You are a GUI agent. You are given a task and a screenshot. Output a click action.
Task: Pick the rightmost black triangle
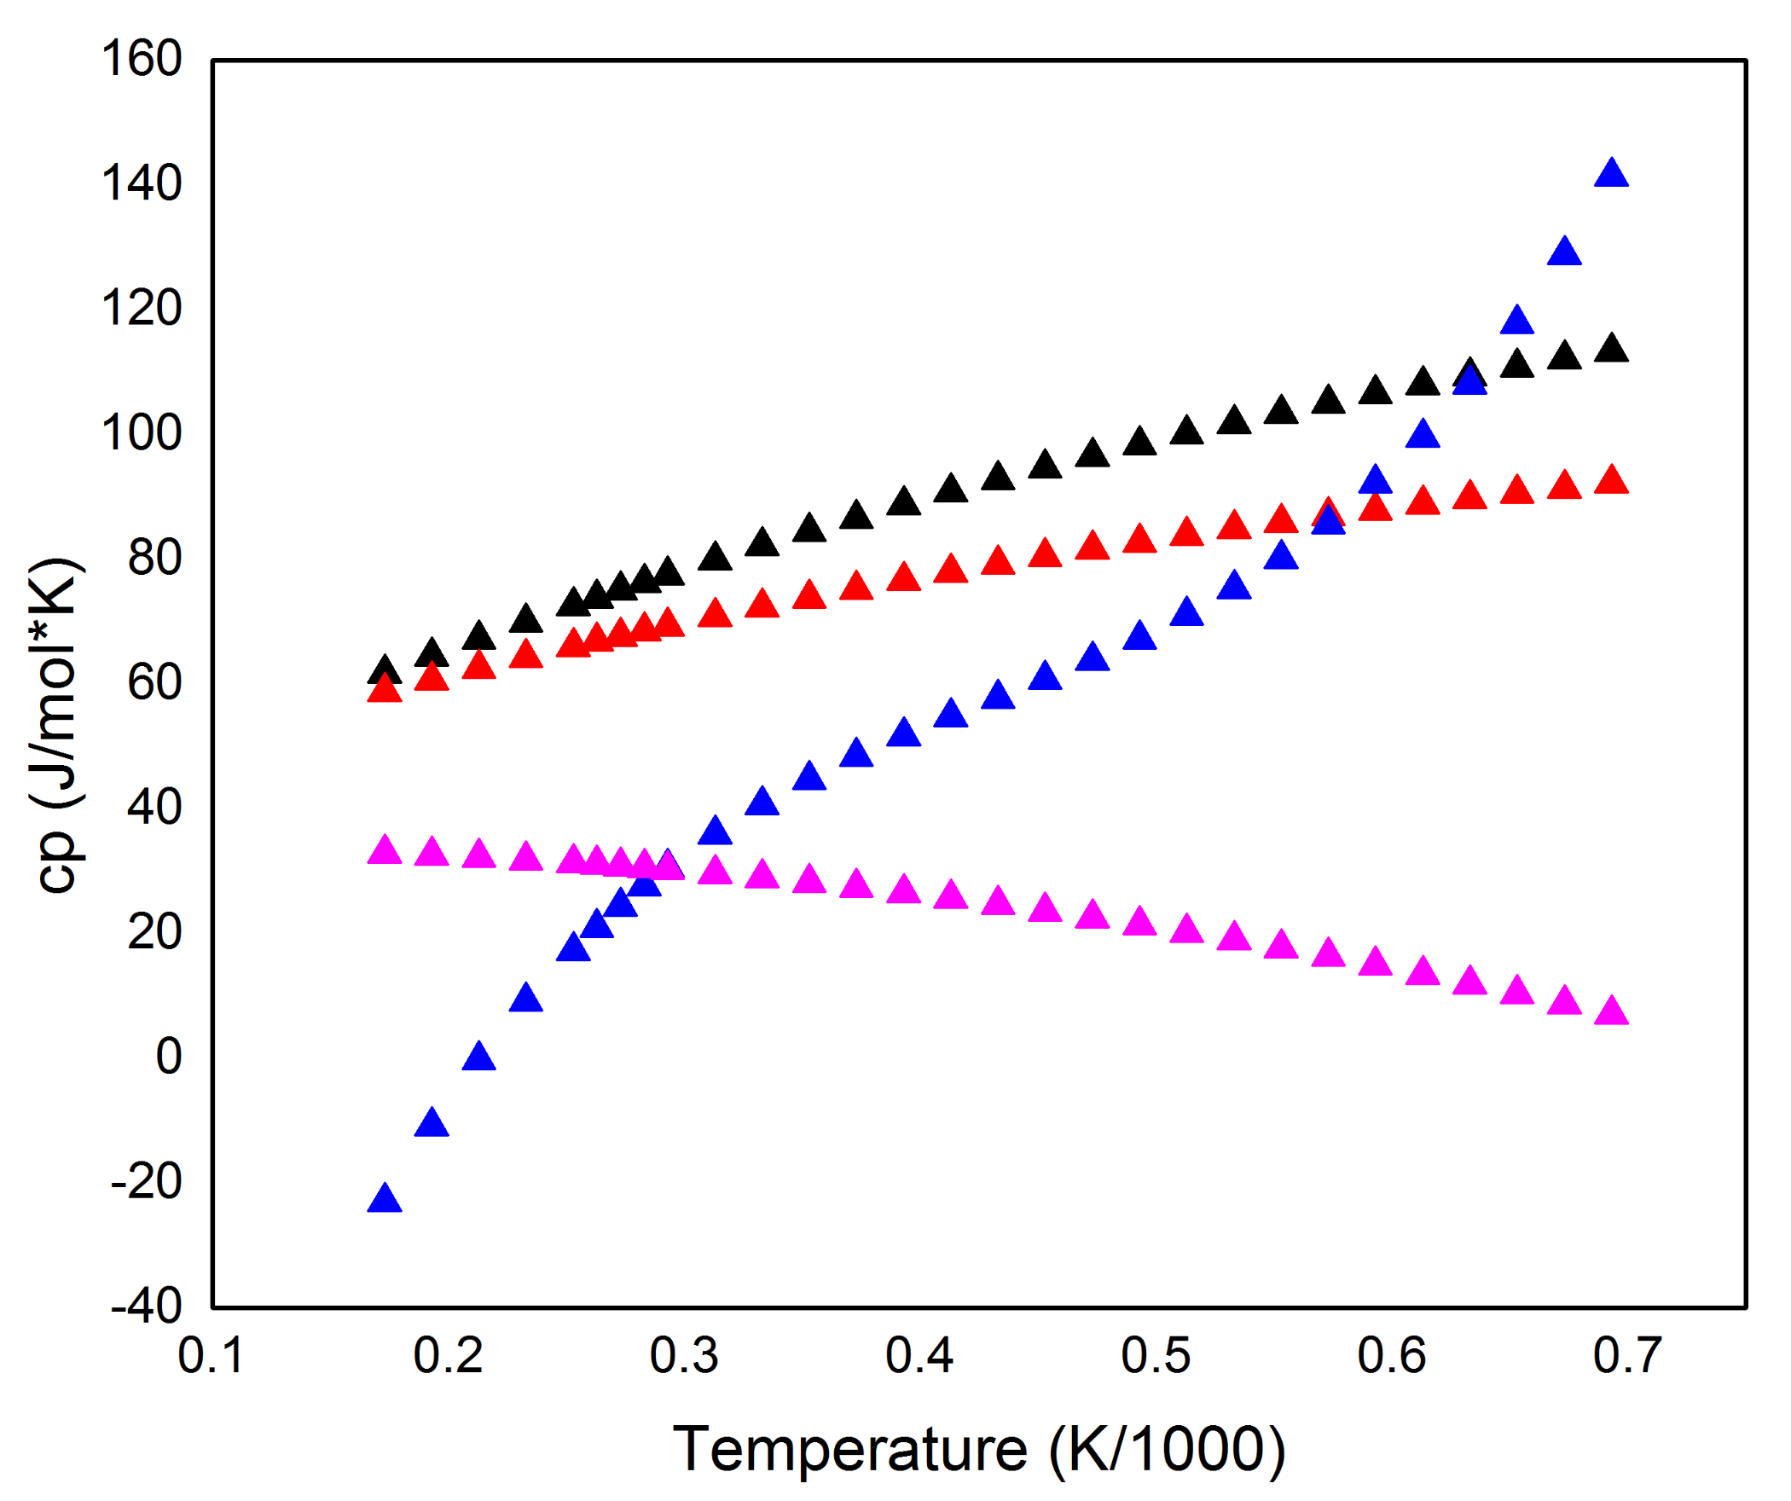coord(1611,350)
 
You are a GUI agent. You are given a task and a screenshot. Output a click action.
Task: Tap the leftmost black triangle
coord(385,671)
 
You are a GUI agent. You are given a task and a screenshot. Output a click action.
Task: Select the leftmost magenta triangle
coord(385,851)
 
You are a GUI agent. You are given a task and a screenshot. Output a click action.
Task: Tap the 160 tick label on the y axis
coord(142,60)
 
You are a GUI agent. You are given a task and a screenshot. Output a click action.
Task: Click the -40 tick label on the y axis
coord(147,1306)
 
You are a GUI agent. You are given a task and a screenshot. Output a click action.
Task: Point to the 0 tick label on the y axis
coord(168,1057)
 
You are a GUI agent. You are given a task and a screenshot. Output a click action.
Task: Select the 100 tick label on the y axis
coord(142,433)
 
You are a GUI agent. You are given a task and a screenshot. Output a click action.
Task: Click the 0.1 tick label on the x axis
coord(211,1355)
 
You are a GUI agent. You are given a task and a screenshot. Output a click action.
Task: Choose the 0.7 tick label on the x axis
coord(1627,1355)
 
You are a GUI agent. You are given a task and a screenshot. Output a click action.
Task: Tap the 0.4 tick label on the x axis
coord(919,1355)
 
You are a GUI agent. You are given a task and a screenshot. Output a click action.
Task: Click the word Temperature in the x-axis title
coord(849,1449)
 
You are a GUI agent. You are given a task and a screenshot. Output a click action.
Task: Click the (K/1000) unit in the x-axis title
coord(1167,1449)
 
